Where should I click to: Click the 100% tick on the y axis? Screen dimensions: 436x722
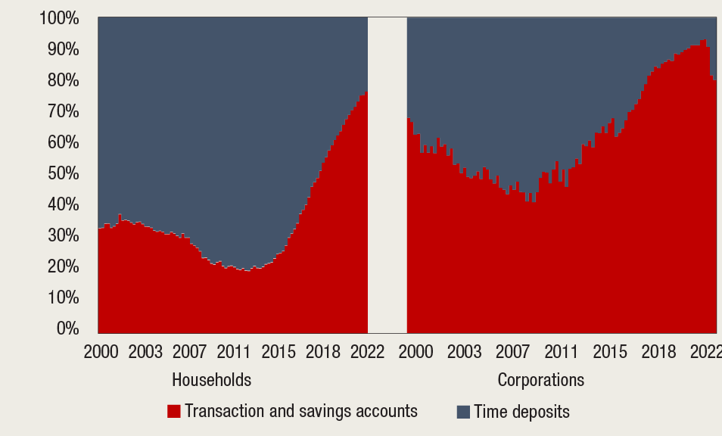[58, 18]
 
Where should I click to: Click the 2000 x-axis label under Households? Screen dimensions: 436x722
[101, 353]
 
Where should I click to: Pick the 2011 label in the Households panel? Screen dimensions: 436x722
[234, 353]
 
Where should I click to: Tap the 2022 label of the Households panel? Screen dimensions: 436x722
[366, 353]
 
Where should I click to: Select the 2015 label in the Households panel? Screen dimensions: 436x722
[279, 353]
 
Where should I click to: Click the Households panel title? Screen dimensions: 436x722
[212, 379]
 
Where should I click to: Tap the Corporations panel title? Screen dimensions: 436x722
[540, 379]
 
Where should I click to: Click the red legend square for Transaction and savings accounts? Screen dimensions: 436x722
[174, 411]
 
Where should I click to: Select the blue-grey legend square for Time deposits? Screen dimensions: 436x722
[462, 412]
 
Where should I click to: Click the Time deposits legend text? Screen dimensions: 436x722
[521, 412]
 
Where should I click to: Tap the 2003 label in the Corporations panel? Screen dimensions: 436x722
[464, 353]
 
